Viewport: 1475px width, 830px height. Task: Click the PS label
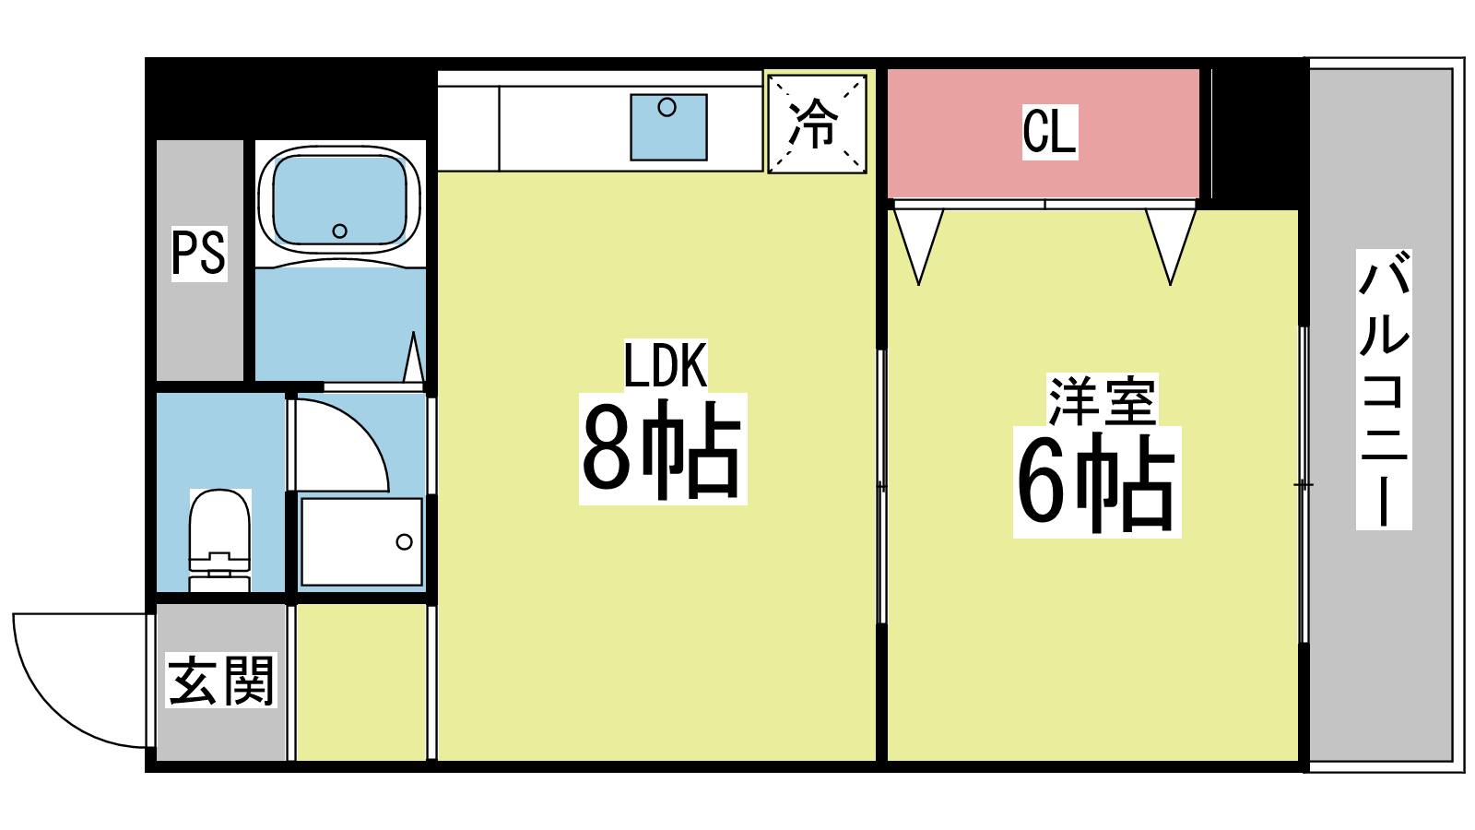pyautogui.click(x=199, y=253)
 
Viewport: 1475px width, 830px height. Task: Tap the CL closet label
pyautogui.click(x=1049, y=132)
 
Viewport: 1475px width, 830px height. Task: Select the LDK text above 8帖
pyautogui.click(x=665, y=366)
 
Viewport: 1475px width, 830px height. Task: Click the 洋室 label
pyautogui.click(x=1101, y=400)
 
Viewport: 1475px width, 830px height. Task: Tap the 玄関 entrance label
pyautogui.click(x=221, y=682)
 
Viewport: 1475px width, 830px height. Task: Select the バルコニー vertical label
pyautogui.click(x=1383, y=388)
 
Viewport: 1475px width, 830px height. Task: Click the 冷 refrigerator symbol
pyautogui.click(x=817, y=124)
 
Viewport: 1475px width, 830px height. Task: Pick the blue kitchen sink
pyautogui.click(x=668, y=127)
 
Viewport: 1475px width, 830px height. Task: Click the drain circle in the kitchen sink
pyautogui.click(x=667, y=108)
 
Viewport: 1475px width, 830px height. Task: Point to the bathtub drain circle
pyautogui.click(x=339, y=231)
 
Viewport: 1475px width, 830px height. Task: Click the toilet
pyautogui.click(x=219, y=539)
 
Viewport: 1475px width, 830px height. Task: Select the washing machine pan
pyautogui.click(x=361, y=541)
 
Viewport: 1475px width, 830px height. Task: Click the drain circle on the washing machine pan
pyautogui.click(x=404, y=541)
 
